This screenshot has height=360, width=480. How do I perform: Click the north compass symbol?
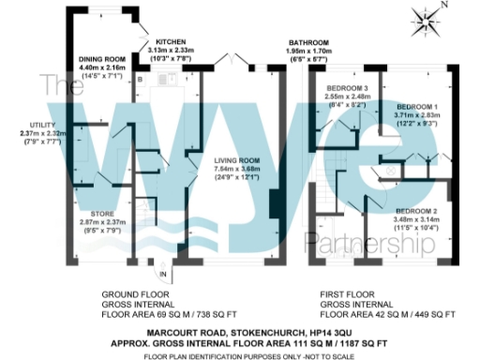pyautogui.click(x=425, y=21)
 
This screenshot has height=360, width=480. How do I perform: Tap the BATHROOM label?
pyautogui.click(x=308, y=43)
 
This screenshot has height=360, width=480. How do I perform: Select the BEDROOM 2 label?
pyautogui.click(x=416, y=211)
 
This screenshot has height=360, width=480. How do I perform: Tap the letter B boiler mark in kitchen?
pyautogui.click(x=140, y=81)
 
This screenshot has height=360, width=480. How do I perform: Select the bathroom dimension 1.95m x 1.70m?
pyautogui.click(x=308, y=52)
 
